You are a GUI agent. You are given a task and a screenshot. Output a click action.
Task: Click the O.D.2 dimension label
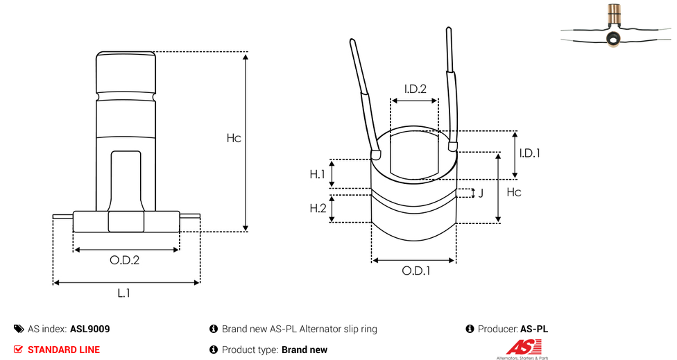[x=125, y=261]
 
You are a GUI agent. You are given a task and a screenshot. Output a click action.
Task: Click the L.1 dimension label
[x=123, y=293]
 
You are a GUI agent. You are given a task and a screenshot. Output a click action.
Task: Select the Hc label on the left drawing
[x=234, y=138]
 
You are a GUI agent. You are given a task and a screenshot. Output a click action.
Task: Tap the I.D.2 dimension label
[x=415, y=89]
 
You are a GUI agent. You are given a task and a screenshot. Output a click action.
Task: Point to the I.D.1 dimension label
[x=530, y=153]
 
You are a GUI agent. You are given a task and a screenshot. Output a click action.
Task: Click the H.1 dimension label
[x=317, y=174]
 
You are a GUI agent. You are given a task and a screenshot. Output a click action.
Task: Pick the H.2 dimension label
[x=317, y=209]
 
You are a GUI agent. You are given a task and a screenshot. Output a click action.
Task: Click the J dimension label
[x=481, y=193]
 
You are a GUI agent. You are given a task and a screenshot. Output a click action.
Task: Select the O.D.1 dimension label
[x=416, y=271]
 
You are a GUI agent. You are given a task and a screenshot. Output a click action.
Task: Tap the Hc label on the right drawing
[x=514, y=192]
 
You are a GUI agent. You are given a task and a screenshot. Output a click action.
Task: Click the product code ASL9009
[x=89, y=329]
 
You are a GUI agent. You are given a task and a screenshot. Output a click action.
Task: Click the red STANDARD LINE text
[x=63, y=350]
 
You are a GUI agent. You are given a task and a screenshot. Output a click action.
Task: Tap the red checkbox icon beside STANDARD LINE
[x=18, y=350]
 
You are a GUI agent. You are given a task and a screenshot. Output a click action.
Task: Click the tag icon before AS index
[x=19, y=329]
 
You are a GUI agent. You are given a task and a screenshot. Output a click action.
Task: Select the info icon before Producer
[x=470, y=329]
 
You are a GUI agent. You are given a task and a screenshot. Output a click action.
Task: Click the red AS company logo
[x=519, y=348]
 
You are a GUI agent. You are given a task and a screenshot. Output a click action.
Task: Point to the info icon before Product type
[x=214, y=350]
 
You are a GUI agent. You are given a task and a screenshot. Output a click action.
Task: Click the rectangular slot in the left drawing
[x=126, y=177]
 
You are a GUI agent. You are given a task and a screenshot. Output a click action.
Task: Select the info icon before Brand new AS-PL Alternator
[x=214, y=329]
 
